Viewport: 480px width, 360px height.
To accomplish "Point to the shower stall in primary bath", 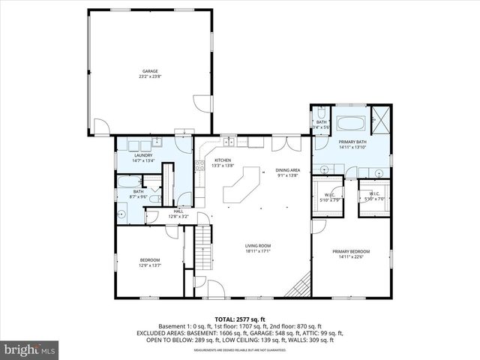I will tap(380, 119).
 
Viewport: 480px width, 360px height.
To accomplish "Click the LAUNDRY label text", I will tap(143, 155).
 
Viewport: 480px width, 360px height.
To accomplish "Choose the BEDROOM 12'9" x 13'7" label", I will tap(150, 262).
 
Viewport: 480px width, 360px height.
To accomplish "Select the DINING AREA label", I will tap(287, 171).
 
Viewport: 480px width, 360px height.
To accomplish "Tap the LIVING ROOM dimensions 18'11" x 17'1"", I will tap(257, 251).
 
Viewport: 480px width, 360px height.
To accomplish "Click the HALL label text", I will tap(178, 211).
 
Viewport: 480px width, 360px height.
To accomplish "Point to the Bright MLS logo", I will tap(30, 349).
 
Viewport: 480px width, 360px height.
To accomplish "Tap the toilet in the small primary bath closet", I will tap(319, 114).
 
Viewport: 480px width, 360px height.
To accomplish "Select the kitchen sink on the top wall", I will tap(228, 142).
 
